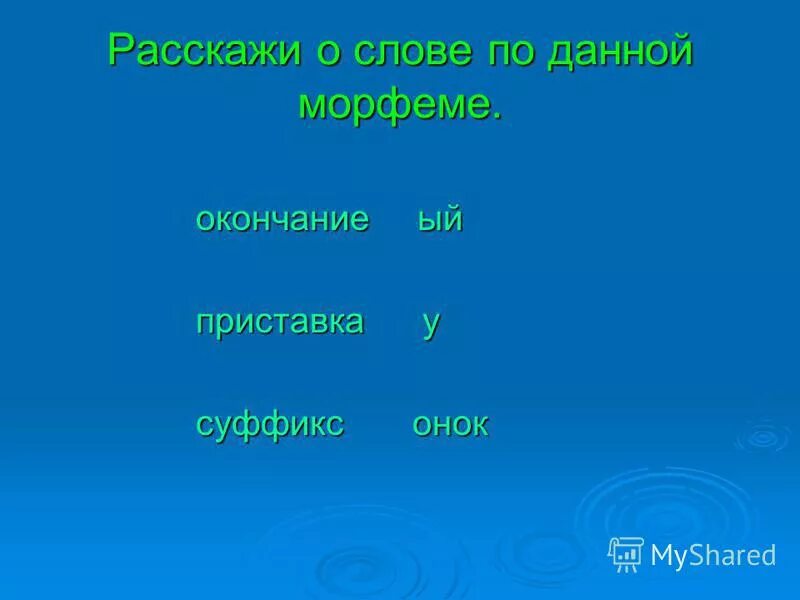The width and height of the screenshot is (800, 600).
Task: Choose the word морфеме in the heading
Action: point(393,105)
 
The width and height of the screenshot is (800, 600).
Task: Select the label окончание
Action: point(282,220)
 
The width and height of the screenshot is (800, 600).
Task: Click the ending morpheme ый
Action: point(440,220)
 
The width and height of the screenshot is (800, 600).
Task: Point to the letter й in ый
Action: point(453,219)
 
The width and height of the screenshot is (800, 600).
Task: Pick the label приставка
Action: point(280,322)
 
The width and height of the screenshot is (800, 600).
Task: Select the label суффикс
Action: point(270,424)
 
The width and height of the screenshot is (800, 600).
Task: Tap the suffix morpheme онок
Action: point(450,424)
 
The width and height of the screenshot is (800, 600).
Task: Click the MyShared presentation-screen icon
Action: point(626,553)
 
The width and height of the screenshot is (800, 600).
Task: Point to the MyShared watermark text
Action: point(713,554)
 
